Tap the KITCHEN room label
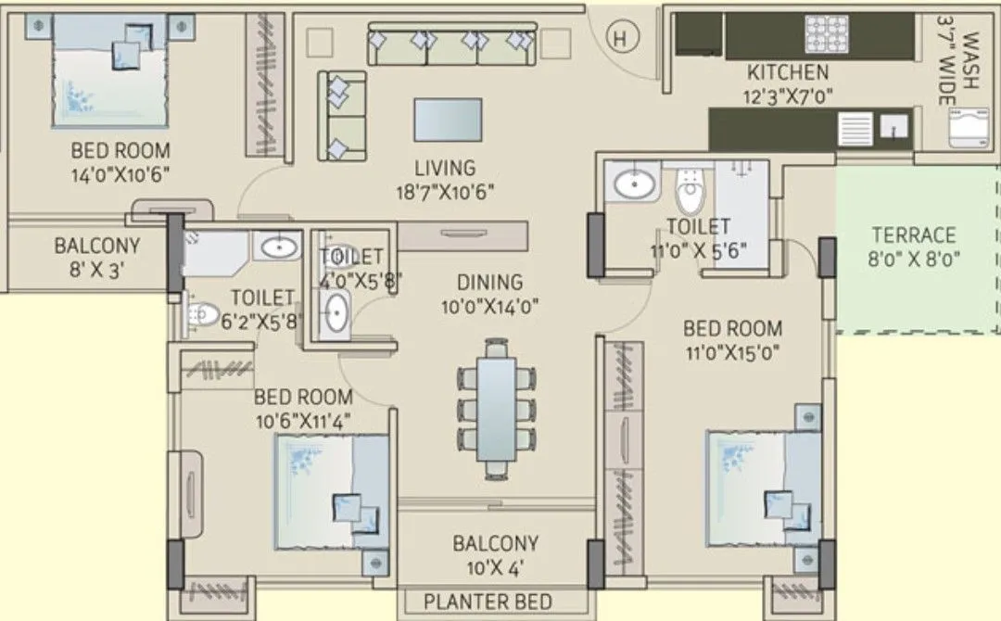click(x=788, y=72)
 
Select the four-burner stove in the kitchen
click(x=828, y=34)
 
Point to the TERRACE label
click(x=913, y=235)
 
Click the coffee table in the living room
click(x=448, y=119)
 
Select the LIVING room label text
click(x=445, y=169)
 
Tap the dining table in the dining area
click(x=497, y=410)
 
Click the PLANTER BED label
click(x=488, y=602)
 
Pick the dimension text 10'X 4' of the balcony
click(x=495, y=567)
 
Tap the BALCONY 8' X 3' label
click(x=96, y=258)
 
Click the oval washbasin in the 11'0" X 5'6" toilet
click(x=636, y=184)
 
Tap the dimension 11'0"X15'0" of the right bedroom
click(x=732, y=352)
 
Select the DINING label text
click(x=489, y=282)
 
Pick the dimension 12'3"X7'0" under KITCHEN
click(x=788, y=95)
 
